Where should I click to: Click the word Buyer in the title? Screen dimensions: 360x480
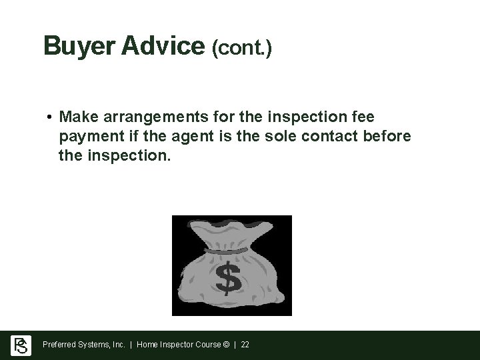72,46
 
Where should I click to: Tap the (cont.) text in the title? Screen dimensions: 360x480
241,48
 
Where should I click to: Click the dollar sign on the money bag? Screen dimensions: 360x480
229,279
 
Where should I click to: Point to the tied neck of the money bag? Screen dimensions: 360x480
225,251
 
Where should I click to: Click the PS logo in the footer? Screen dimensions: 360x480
21,345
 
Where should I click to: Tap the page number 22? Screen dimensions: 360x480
245,345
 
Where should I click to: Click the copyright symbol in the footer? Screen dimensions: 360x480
227,345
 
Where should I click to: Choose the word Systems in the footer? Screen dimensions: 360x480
95,345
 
